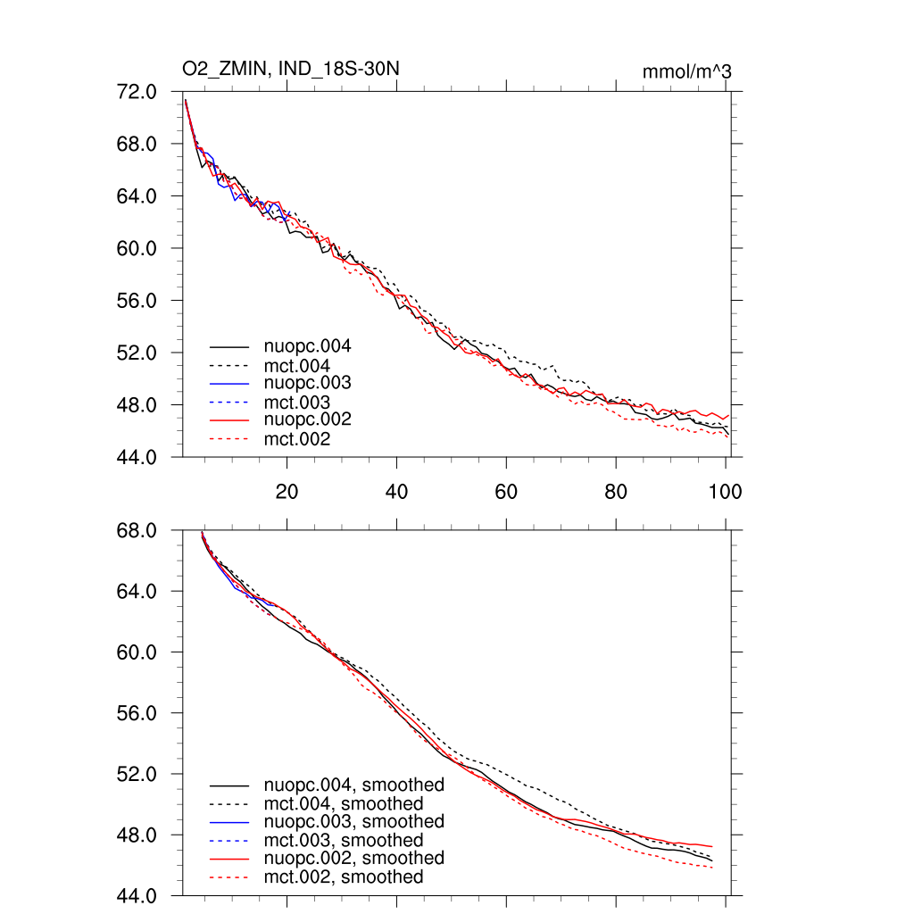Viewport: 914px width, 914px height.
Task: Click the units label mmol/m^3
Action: [x=686, y=71]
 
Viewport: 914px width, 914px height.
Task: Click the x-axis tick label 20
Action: [x=287, y=490]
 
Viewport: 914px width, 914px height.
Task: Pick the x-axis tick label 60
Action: [x=506, y=490]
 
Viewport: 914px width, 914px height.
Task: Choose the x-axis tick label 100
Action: [x=725, y=490]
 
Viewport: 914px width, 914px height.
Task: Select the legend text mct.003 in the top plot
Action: [x=296, y=402]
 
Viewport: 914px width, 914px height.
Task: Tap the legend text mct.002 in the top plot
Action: [x=296, y=439]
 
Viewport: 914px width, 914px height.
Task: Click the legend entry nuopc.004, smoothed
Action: [x=353, y=785]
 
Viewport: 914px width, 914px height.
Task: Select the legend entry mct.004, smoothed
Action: [x=343, y=803]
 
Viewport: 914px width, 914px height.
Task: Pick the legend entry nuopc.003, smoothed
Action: [x=353, y=821]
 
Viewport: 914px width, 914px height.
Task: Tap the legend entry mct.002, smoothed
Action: [x=343, y=877]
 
